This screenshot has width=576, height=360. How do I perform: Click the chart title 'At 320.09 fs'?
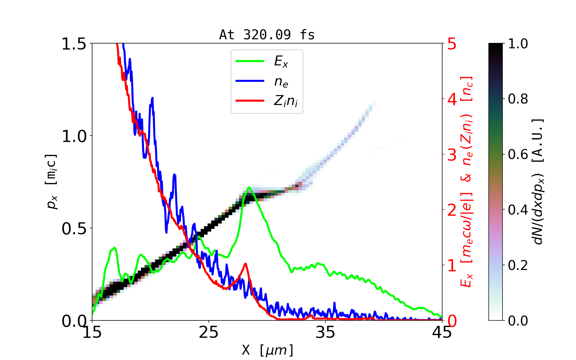267,35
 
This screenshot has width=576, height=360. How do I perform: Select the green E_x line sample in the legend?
250,61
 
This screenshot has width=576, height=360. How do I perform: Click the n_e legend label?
281,82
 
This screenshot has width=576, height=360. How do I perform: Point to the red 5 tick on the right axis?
452,44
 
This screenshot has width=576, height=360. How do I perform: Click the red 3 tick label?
452,155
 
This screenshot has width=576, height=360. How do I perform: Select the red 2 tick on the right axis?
452,210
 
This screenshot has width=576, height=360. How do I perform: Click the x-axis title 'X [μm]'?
267,350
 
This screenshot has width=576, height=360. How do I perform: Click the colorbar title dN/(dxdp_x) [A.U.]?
539,181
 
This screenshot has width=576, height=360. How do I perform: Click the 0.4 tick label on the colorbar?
518,210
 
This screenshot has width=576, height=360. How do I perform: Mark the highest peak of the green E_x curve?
249,187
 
